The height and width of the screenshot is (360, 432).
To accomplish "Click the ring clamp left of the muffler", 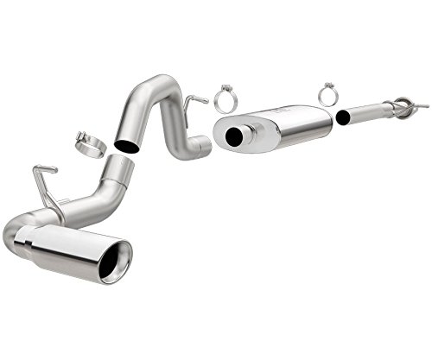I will [x=226, y=99].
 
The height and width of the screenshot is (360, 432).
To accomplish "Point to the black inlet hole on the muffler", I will [x=234, y=138].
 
